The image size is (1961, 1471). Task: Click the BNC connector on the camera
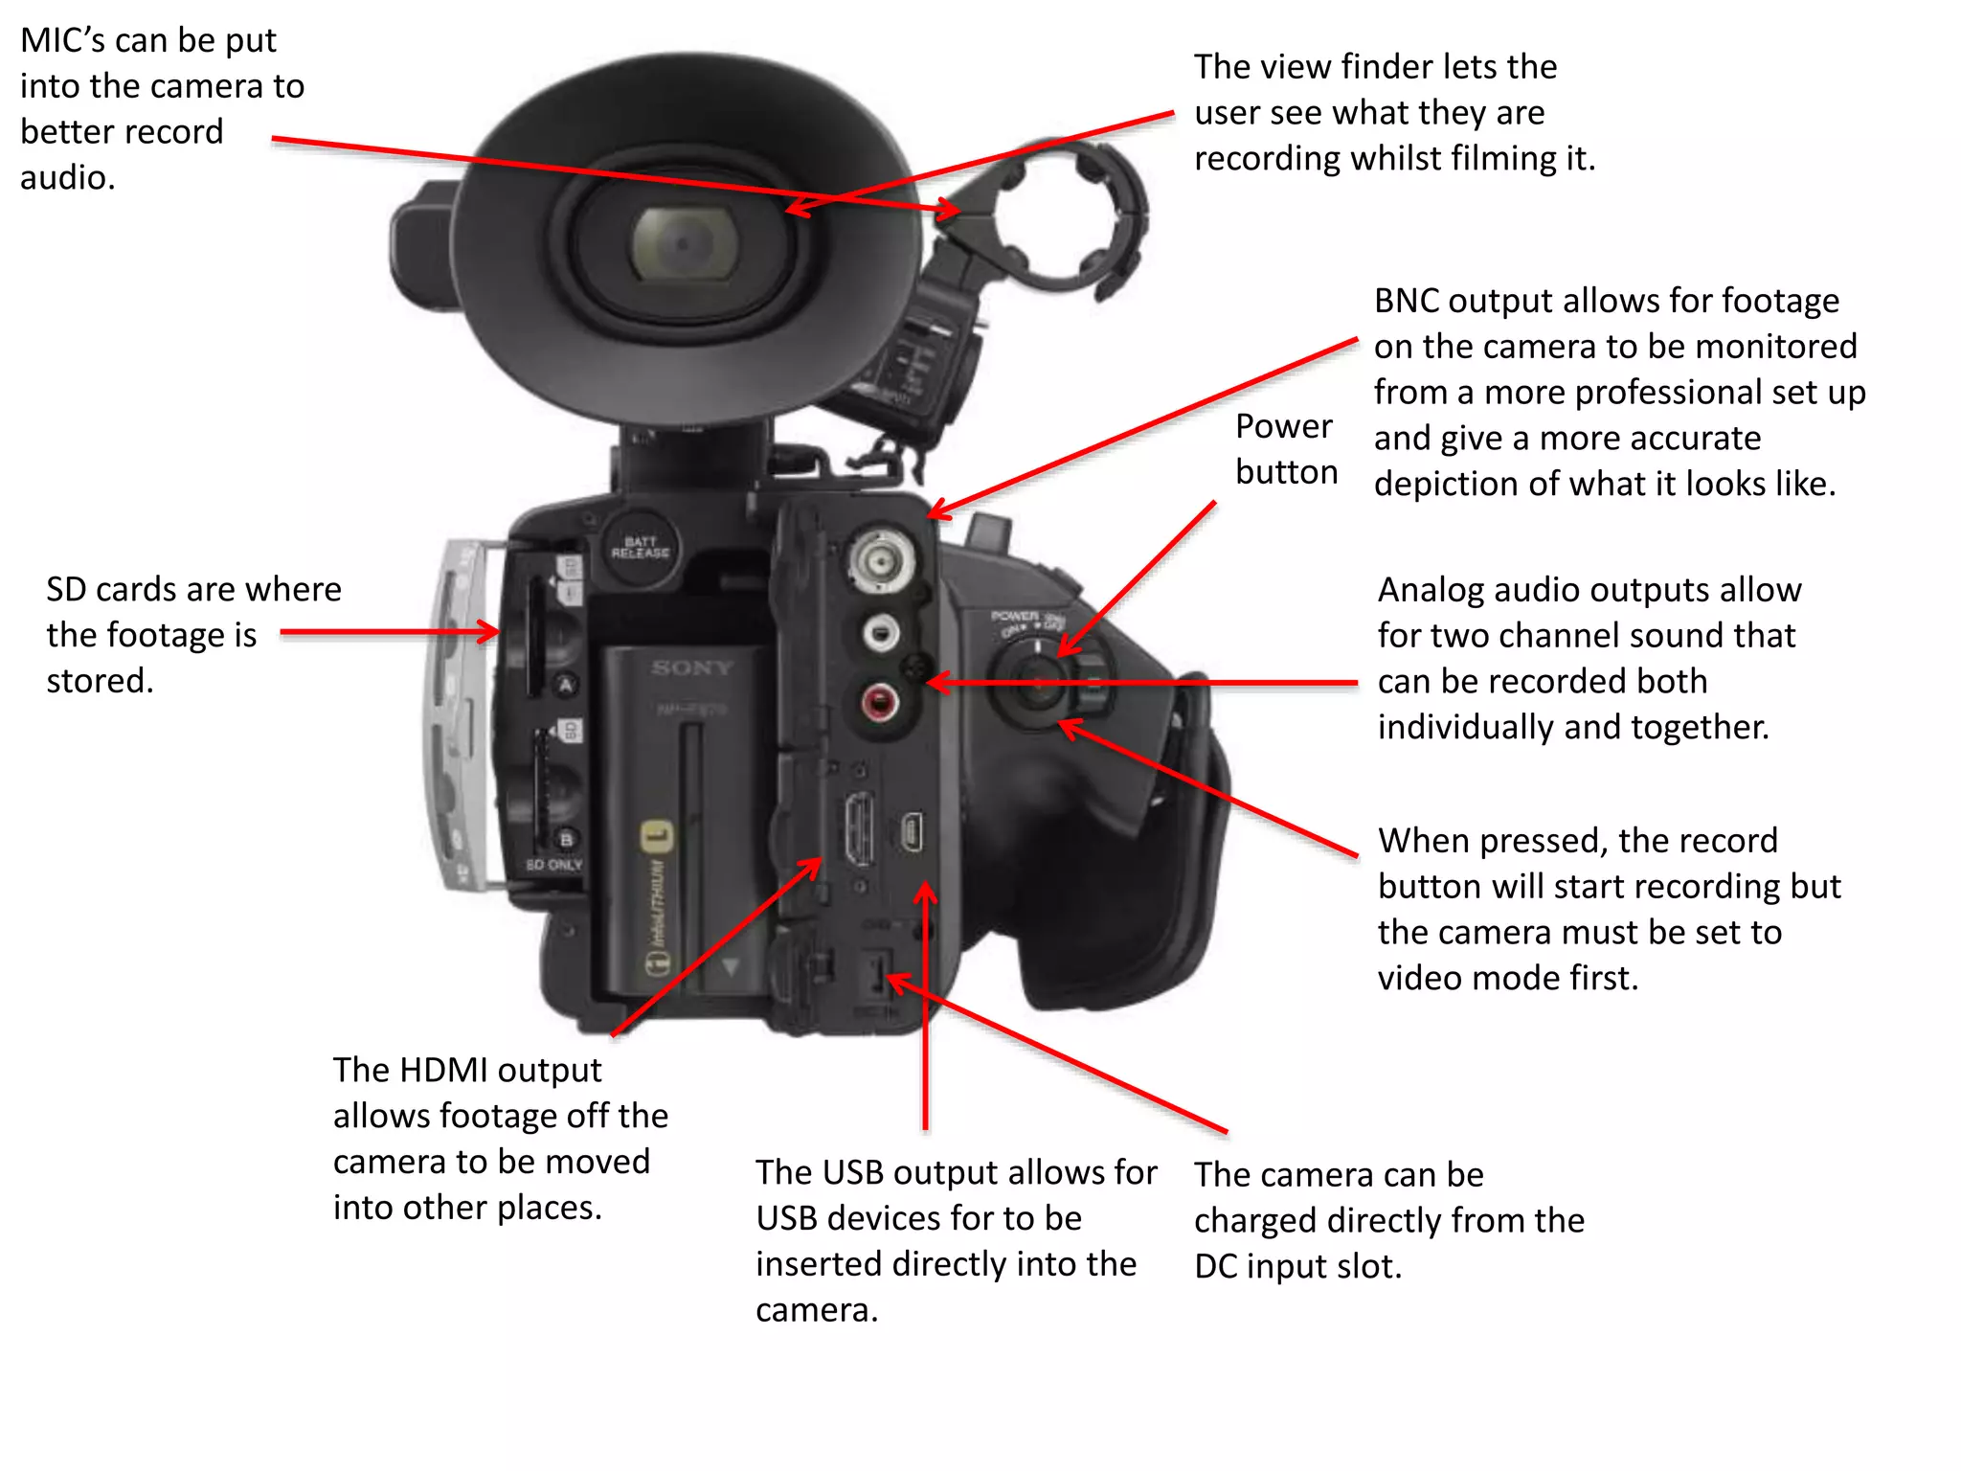[878, 560]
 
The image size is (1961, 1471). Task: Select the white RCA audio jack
[880, 633]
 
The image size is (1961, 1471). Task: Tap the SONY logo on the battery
[691, 668]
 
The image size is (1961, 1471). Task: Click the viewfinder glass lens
[684, 243]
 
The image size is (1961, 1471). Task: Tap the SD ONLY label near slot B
[553, 865]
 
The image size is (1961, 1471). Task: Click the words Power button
[1285, 449]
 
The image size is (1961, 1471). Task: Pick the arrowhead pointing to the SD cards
[488, 632]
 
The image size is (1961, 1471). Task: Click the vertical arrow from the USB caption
[925, 1006]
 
